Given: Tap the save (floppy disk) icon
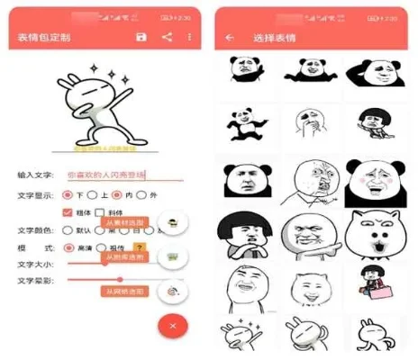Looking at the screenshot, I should (141, 37).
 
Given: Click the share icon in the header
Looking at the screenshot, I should (166, 37).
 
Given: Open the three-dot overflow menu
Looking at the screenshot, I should (189, 37).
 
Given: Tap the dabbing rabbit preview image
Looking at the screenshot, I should (104, 107).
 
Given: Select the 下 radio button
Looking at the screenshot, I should (70, 194).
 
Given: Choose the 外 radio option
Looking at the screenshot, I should (142, 194).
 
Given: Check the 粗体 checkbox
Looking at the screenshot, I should (67, 212).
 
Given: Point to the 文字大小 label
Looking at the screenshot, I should (35, 264).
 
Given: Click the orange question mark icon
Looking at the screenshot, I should (139, 247).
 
